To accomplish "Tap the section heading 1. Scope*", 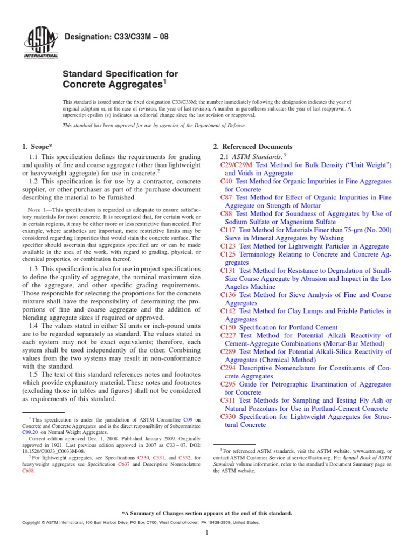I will (38, 147).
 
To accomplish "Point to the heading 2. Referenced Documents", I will (253, 147).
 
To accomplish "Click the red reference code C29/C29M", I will (237, 164).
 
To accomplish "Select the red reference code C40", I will (226, 181).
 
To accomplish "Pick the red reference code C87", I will (226, 197).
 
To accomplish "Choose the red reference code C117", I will (229, 230).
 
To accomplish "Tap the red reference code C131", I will (229, 270).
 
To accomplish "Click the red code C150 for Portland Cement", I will (229, 327).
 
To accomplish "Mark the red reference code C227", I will (229, 335).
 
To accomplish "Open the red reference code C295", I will (229, 384).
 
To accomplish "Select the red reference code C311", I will (229, 401).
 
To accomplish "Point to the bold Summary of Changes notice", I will (207, 513).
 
